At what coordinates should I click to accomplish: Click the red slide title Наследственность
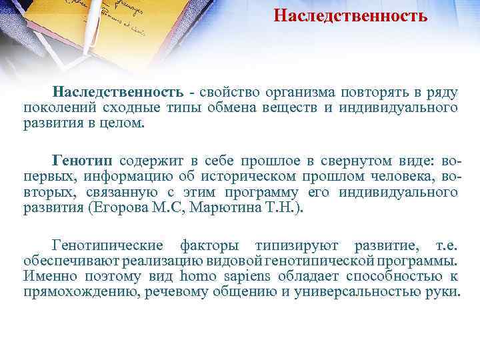coord(350,15)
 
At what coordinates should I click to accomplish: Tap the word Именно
coord(48,277)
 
